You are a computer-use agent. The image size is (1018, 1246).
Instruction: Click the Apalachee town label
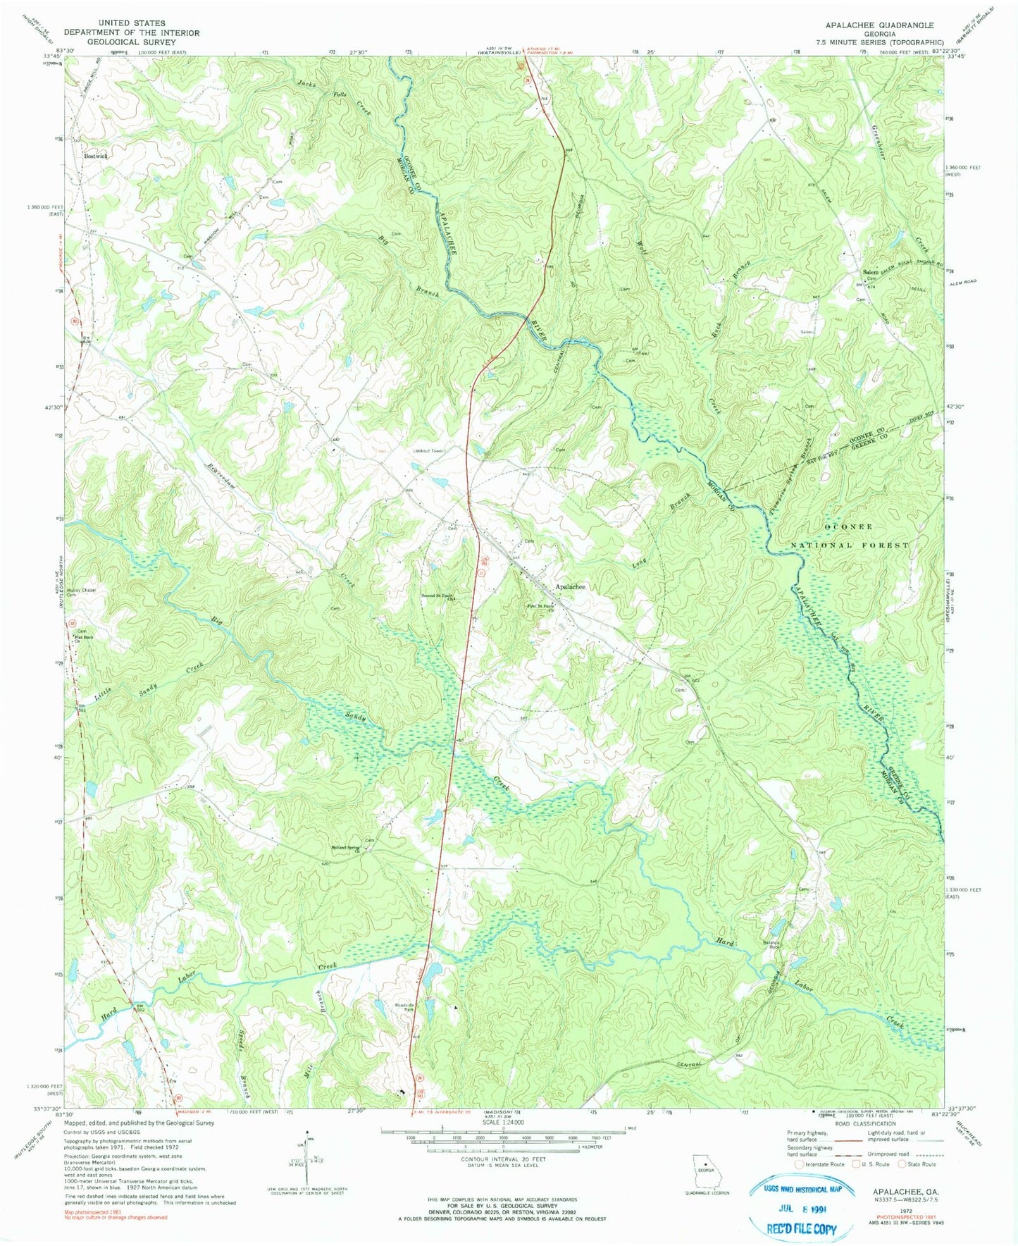coord(570,586)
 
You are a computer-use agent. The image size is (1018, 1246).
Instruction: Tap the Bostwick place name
coord(96,156)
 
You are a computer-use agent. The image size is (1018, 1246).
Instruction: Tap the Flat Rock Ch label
coord(84,639)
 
